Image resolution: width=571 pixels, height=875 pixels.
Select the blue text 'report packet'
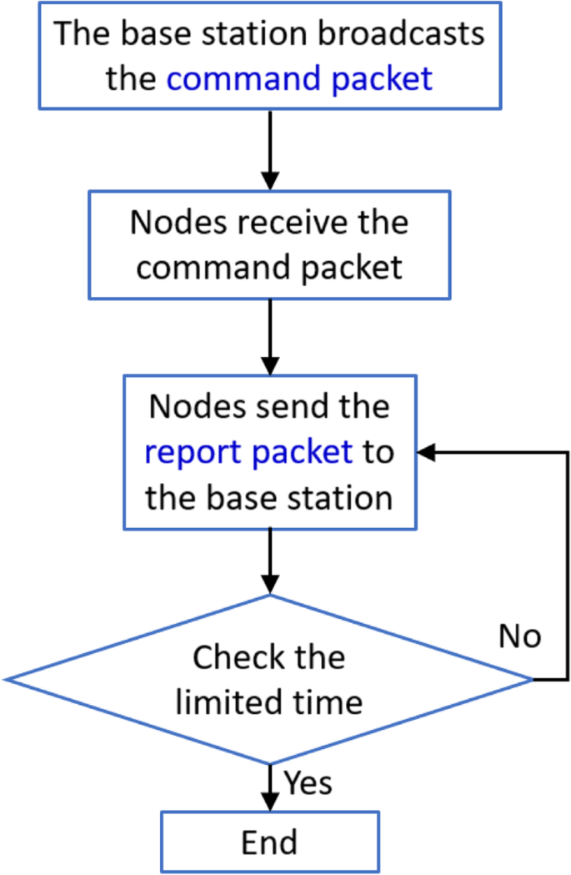[x=248, y=452]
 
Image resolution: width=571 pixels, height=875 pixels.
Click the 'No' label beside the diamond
[x=520, y=636]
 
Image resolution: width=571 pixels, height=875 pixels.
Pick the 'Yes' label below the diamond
[x=308, y=782]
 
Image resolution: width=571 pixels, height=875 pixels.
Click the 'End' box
[x=269, y=842]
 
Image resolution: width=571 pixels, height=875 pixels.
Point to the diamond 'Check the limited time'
[x=269, y=679]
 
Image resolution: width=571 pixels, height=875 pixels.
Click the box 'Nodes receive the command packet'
[x=269, y=245]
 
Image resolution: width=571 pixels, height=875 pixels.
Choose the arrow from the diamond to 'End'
[x=269, y=786]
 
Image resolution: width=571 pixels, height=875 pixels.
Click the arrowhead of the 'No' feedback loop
[x=425, y=452]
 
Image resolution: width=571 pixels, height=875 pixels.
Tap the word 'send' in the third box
[x=277, y=406]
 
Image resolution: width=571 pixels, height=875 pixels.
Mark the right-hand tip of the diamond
[x=530, y=680]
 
